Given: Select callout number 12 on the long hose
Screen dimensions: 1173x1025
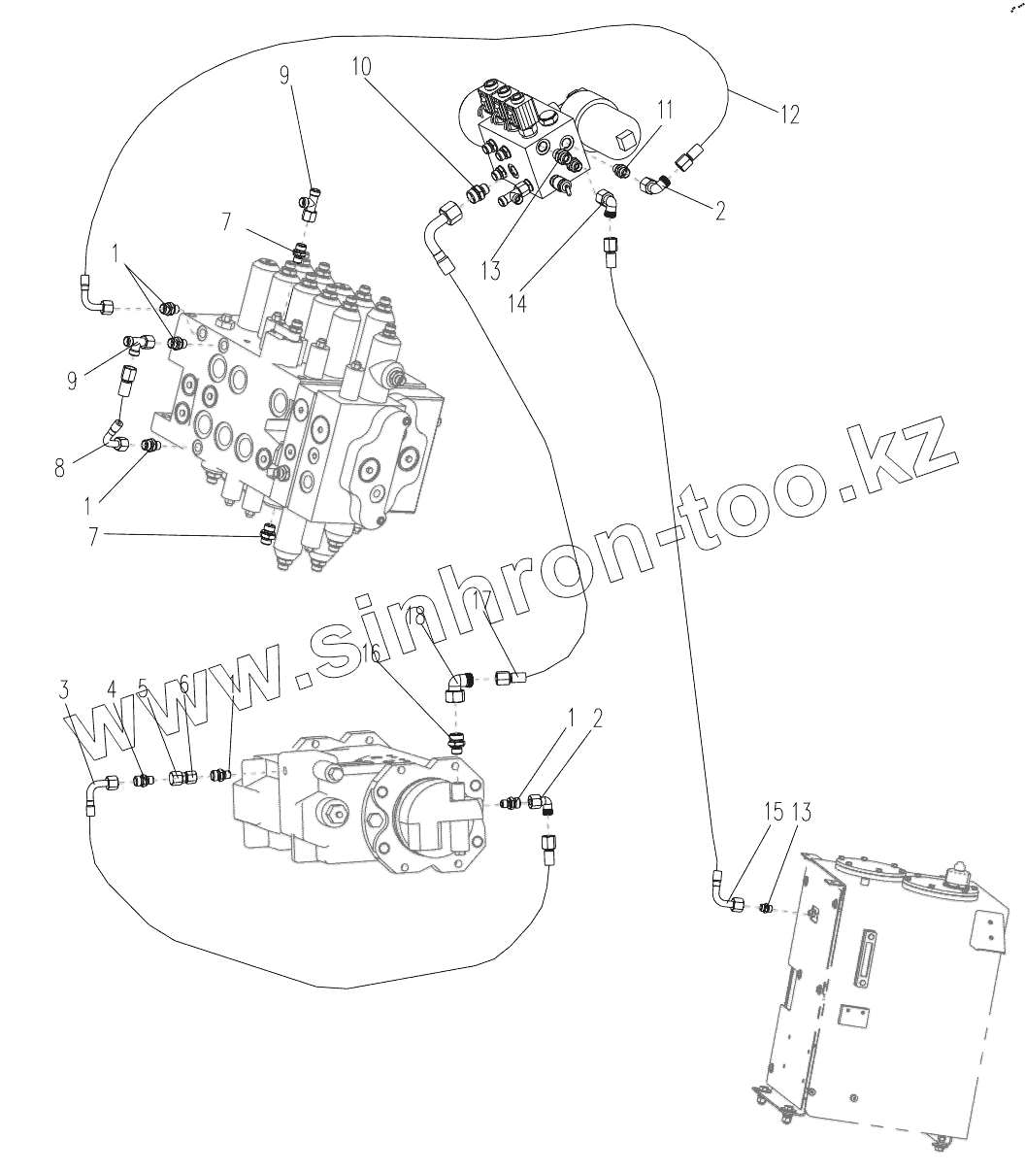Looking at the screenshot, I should click(x=788, y=115).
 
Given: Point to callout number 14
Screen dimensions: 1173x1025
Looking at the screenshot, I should click(x=518, y=304).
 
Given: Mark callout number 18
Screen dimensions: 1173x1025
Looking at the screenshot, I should click(x=416, y=616).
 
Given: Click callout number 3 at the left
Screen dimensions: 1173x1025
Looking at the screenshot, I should click(x=64, y=690).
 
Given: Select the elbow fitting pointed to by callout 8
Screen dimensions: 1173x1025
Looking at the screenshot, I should click(x=116, y=442).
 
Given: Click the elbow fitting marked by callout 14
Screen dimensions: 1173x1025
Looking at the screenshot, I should click(x=610, y=201).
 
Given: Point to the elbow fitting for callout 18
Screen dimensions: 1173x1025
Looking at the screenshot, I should click(x=456, y=687).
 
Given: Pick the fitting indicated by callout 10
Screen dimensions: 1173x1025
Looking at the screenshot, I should click(x=477, y=193).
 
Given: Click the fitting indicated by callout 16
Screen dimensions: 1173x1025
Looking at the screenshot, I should click(x=456, y=745).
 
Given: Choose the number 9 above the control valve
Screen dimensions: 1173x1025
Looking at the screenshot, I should click(x=284, y=74).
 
